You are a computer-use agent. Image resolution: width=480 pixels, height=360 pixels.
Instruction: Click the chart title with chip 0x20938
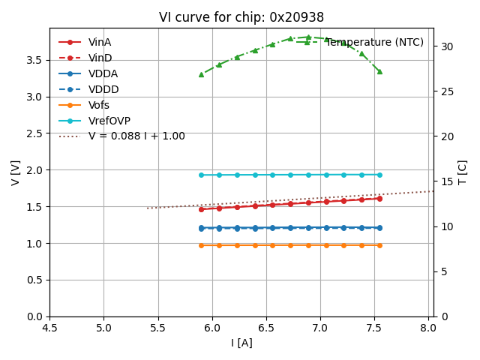tap(241, 17)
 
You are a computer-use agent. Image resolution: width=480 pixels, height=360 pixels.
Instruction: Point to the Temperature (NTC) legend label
tap(374, 42)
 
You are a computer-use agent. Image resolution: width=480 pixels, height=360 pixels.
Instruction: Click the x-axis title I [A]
tap(241, 343)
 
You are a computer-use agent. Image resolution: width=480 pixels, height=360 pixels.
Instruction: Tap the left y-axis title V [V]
tap(15, 172)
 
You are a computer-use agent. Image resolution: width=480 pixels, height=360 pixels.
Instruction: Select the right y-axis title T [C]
tap(462, 172)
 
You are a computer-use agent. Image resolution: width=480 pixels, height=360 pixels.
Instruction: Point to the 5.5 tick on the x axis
tap(157, 328)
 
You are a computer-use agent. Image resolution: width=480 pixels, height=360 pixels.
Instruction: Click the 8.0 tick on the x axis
tap(428, 328)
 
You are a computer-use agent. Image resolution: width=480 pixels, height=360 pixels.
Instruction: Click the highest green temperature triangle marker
tap(308, 37)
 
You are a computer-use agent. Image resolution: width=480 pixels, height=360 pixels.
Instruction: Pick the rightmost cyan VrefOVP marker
tap(379, 175)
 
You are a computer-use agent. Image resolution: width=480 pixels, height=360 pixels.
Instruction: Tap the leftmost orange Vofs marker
tap(201, 245)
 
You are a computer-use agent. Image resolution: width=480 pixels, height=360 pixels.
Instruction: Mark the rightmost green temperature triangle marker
tap(379, 71)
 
